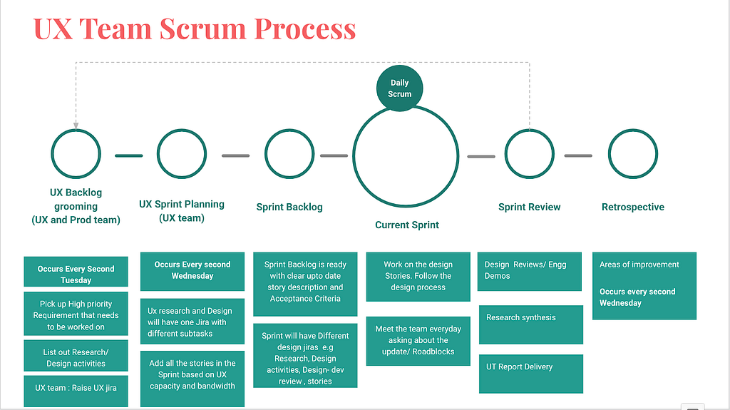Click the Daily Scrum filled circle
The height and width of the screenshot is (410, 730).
(x=399, y=88)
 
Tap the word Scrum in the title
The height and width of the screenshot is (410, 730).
(x=202, y=29)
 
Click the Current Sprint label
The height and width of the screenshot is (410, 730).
(x=407, y=225)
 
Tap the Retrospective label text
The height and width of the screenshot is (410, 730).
(x=633, y=207)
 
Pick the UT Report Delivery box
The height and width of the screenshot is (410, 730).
(x=530, y=374)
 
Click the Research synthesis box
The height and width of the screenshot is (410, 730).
(x=530, y=324)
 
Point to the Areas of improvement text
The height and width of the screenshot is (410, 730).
(x=639, y=265)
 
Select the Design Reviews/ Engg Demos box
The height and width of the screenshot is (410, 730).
(x=530, y=272)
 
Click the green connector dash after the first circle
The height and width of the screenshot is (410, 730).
(x=129, y=155)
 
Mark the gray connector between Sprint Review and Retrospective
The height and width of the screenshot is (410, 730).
(x=578, y=155)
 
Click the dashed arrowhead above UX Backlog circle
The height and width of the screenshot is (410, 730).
(x=76, y=125)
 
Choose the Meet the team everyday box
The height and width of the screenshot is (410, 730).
(x=418, y=341)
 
